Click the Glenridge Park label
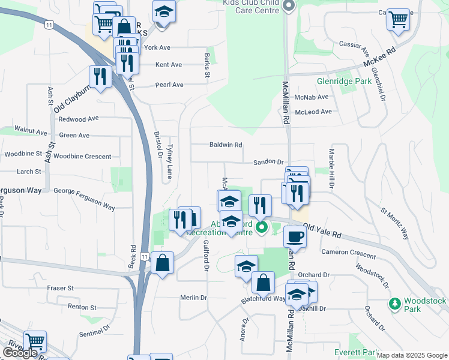(x=345, y=81)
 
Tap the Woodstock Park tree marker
(x=394, y=304)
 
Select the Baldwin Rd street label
(x=225, y=145)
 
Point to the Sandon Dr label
(x=268, y=162)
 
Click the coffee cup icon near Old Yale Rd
(x=294, y=236)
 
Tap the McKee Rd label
(x=384, y=58)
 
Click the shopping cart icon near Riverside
(x=35, y=341)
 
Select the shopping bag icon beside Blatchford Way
(x=263, y=283)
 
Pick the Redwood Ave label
(x=78, y=119)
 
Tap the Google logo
(x=20, y=353)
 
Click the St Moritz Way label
(x=394, y=223)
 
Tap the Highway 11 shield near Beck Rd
(x=143, y=256)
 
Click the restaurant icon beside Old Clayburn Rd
(x=100, y=76)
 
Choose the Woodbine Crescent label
(x=82, y=157)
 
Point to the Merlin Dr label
(x=193, y=298)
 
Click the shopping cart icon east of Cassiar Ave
(x=398, y=19)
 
